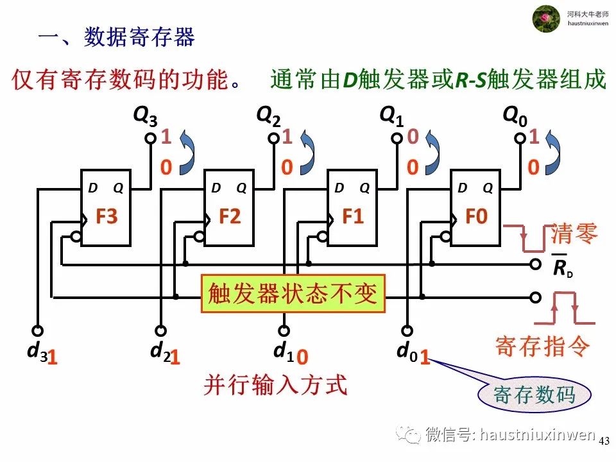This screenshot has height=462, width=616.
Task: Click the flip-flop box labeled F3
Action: point(105,208)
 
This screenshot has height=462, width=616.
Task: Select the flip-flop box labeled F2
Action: point(228,208)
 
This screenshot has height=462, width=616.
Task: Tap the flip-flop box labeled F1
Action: point(352,208)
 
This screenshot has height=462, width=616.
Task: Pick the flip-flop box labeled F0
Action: point(475,208)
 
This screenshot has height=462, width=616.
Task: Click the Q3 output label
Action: point(144,116)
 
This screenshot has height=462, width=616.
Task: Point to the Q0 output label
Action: point(515,116)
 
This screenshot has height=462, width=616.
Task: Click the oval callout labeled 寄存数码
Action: point(534,395)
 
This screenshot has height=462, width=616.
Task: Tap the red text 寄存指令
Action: point(542,346)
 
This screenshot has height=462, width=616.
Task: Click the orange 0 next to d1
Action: point(304,357)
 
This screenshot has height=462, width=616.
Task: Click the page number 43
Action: point(604,441)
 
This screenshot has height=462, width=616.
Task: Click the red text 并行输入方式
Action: point(275,385)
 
